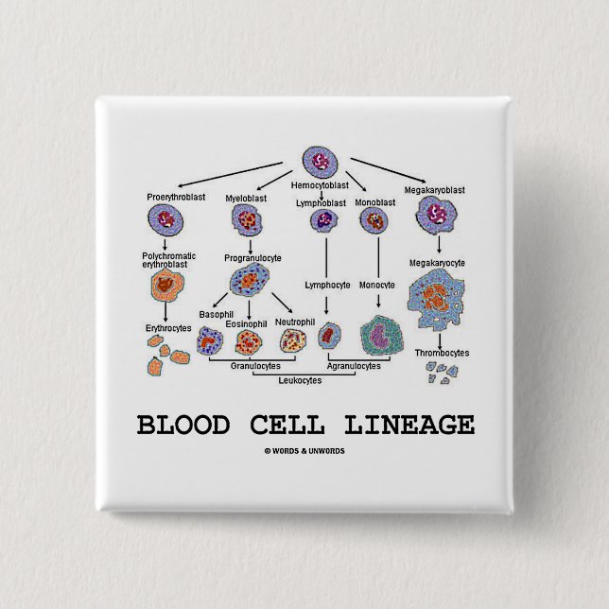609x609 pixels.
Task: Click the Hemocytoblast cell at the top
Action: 320,163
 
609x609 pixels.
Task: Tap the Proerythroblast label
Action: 176,197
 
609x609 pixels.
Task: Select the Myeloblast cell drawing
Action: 247,219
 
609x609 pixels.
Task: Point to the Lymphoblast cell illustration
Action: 324,220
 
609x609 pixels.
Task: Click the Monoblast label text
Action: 374,202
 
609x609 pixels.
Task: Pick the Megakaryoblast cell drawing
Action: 436,216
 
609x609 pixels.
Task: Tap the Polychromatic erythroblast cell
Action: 167,286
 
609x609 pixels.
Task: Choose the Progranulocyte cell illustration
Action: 250,280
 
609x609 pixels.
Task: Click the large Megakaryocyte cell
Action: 436,298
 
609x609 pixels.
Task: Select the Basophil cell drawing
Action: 210,340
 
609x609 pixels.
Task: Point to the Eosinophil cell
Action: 249,341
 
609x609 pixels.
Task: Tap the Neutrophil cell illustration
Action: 293,340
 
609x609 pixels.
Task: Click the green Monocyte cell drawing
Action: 381,336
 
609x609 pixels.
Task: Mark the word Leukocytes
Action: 300,380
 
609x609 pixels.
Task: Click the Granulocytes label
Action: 255,366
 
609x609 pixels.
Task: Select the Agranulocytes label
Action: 354,366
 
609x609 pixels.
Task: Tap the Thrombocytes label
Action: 442,353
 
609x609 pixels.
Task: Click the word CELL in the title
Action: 287,425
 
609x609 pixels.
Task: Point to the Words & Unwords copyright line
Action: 304,451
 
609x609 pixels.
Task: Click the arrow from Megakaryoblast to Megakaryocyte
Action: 439,245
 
